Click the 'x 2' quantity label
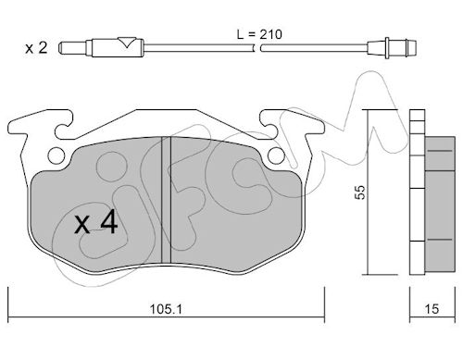click(x=36, y=48)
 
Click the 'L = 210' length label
click(x=259, y=34)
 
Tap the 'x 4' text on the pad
click(x=95, y=222)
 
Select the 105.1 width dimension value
click(x=166, y=309)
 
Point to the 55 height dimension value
click(x=360, y=192)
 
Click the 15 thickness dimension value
click(x=432, y=309)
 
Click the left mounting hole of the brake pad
click(x=56, y=155)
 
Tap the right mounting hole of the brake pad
click(x=276, y=155)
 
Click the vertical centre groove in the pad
click(x=167, y=200)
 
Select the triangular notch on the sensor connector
click(x=127, y=42)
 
